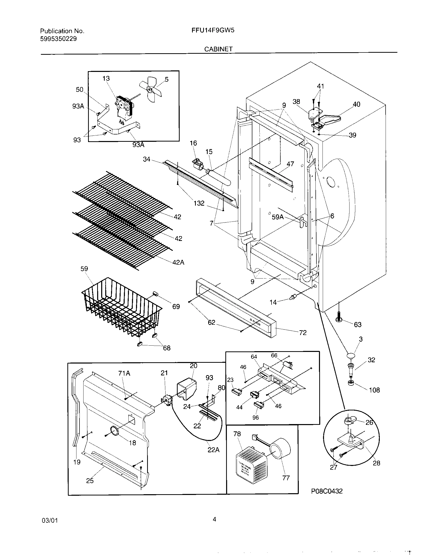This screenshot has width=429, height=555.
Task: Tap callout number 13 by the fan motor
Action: click(x=106, y=78)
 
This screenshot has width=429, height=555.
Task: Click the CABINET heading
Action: click(x=218, y=49)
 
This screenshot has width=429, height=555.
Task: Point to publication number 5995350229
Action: click(x=59, y=39)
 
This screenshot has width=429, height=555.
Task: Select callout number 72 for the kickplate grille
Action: click(x=303, y=333)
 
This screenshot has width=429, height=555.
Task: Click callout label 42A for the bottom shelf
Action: click(x=178, y=263)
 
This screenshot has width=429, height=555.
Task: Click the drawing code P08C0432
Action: click(x=327, y=491)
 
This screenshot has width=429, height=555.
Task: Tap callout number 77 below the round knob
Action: click(x=286, y=478)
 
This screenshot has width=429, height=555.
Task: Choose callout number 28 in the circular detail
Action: click(x=377, y=463)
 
